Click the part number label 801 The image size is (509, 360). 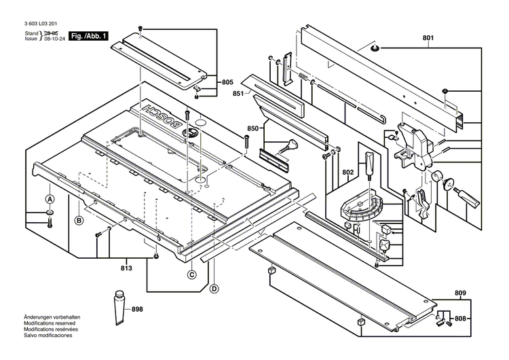pos(428,38)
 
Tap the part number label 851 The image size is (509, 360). pos(237,94)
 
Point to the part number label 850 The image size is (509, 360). pos(252,128)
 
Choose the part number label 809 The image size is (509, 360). pos(461,293)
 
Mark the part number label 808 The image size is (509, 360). pos(461,318)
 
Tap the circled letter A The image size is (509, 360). pos(50,200)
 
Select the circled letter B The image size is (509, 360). pos(79,220)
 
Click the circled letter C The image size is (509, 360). pos(192,274)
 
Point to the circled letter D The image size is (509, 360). pos(214,289)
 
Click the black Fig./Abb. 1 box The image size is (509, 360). pos(89,36)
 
